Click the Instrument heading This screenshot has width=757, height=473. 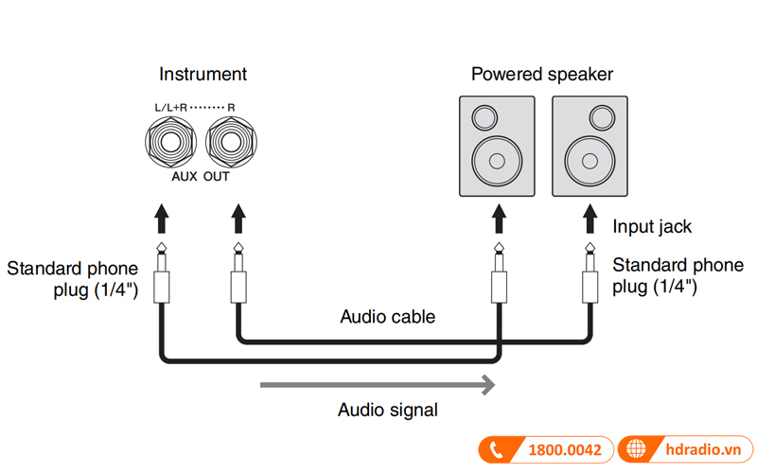click(x=202, y=74)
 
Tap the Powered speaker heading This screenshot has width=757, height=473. click(x=541, y=74)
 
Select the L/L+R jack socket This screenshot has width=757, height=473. click(x=171, y=143)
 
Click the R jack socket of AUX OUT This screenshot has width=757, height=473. click(x=231, y=143)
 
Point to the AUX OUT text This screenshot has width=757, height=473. click(x=200, y=177)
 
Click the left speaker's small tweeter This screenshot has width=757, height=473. click(x=484, y=118)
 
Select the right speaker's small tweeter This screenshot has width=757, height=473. click(x=602, y=118)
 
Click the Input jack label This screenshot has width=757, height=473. click(x=652, y=227)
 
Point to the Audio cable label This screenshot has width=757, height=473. click(x=388, y=317)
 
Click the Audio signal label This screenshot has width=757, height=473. click(x=388, y=410)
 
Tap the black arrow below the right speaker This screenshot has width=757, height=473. click(x=590, y=218)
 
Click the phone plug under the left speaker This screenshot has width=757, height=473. click(x=497, y=279)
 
